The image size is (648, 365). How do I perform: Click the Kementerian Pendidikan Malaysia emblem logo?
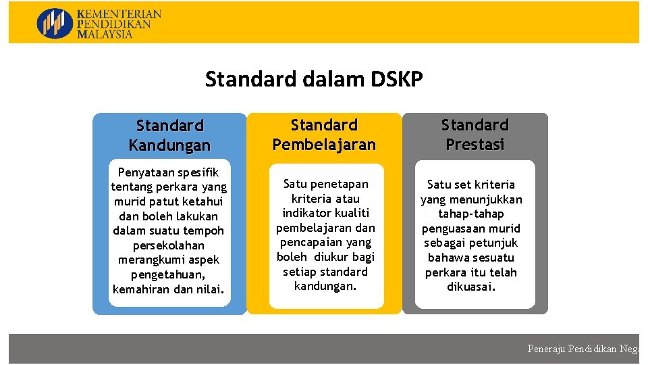click(x=54, y=23)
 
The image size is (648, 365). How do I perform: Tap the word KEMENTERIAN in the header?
click(x=119, y=14)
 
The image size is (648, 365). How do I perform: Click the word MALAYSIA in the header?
click(x=105, y=34)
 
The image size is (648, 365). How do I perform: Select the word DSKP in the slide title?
click(x=397, y=80)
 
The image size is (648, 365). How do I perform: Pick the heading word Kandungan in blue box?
click(x=169, y=145)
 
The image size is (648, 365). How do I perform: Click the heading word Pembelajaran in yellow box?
click(x=324, y=145)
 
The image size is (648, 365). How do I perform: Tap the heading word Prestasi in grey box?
click(x=475, y=145)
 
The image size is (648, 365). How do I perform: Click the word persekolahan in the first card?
click(x=169, y=245)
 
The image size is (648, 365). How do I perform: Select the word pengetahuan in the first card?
click(x=167, y=274)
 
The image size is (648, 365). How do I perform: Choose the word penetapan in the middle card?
click(x=340, y=184)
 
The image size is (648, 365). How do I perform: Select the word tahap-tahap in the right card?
click(x=471, y=214)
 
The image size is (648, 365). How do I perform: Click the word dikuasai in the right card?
click(x=470, y=287)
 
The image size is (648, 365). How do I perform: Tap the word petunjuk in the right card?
click(x=495, y=243)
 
